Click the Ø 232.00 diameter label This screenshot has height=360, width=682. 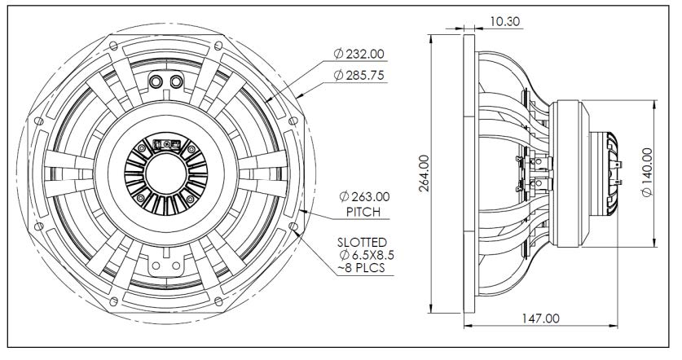tap(360, 55)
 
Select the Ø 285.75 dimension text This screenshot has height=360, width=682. tap(360, 76)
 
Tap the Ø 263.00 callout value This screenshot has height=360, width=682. tap(360, 196)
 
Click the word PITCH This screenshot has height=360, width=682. tap(356, 212)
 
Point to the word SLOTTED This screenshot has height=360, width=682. tap(364, 242)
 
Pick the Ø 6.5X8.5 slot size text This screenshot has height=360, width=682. tap(363, 256)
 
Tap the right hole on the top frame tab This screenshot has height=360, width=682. tap(173, 81)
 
